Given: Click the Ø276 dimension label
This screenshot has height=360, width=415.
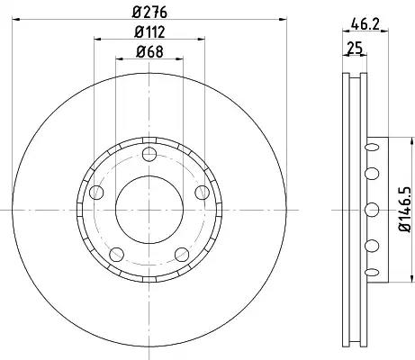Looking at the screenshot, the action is [x=149, y=13].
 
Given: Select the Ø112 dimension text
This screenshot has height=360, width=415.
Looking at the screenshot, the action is [x=149, y=31].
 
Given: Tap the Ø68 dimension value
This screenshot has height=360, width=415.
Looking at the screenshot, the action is [x=149, y=51].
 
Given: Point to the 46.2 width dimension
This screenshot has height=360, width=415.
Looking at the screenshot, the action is [x=365, y=24].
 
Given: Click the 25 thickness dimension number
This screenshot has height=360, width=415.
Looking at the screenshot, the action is [x=355, y=48].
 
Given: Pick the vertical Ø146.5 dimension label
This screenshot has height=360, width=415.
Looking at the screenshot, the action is [x=404, y=210].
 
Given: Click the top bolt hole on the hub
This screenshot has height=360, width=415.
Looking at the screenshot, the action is [x=149, y=155].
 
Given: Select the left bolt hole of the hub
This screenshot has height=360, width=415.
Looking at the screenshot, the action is [x=96, y=193].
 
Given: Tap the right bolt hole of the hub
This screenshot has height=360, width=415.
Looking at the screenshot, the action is [x=202, y=193].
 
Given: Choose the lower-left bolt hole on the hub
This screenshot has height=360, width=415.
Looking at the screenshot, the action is [x=117, y=255].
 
